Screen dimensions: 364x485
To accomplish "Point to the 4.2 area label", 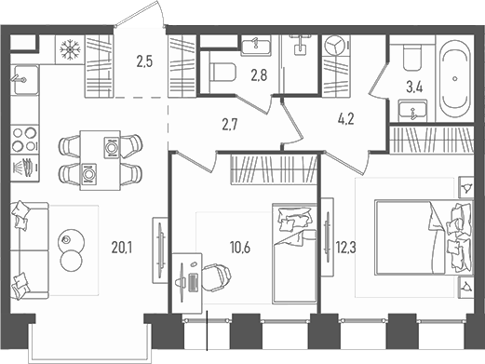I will (345, 118).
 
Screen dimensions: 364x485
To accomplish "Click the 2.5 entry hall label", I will (144, 64).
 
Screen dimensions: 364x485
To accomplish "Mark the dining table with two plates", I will (100, 159).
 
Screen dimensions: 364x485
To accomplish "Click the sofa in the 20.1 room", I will (27, 240).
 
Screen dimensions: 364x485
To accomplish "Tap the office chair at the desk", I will (216, 276).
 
